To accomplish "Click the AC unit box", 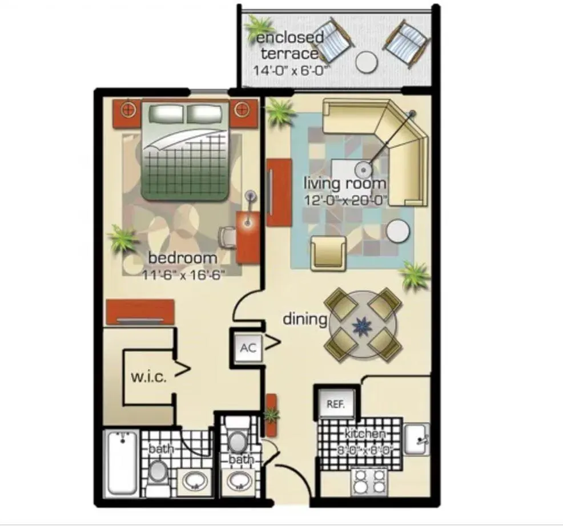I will (248, 348).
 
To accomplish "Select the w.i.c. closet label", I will (148, 377).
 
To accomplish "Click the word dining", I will (304, 319).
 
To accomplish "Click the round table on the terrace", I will (367, 61).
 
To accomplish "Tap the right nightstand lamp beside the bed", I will (242, 108).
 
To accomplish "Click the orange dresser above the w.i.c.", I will (140, 311).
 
